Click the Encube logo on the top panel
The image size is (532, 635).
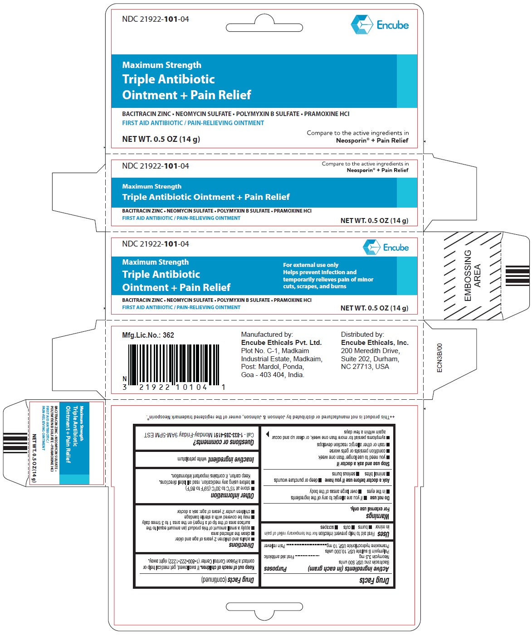coord(380,25)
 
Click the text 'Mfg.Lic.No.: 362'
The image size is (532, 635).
coord(148,335)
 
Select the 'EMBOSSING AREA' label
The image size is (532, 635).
coord(472,276)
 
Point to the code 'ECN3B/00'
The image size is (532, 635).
coord(439,358)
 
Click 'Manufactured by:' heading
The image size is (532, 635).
coord(267,334)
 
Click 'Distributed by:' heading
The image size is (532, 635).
coord(362,334)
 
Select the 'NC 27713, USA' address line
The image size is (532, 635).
coord(365,367)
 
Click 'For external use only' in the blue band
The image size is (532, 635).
coord(311,265)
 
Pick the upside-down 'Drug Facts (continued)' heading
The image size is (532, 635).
coord(227,580)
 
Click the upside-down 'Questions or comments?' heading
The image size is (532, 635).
coord(224,442)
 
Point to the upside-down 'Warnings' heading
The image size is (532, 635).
coord(377,516)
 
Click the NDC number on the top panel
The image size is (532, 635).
coord(156,19)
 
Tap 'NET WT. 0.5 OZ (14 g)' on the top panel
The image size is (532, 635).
coord(161,139)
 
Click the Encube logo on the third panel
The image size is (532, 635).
coord(386,247)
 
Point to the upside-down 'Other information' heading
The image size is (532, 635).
coord(232,495)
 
